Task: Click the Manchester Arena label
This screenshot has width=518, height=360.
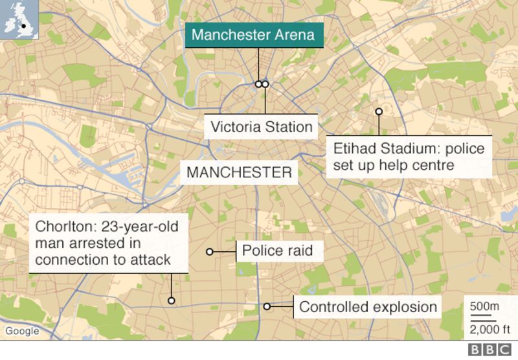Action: point(253,35)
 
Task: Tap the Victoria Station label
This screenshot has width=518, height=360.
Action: point(262,126)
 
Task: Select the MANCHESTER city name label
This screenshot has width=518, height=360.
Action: point(238,173)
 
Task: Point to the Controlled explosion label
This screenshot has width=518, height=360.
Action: point(368,307)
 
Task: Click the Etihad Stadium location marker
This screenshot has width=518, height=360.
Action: point(379,111)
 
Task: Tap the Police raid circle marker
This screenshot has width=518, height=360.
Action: point(209,251)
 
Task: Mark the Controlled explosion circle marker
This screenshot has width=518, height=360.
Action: point(267,306)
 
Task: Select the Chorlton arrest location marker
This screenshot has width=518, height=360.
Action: point(172,300)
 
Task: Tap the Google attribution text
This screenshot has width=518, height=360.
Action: point(22,332)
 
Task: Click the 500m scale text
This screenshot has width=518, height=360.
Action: point(484,306)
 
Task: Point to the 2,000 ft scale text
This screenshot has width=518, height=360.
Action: point(484,327)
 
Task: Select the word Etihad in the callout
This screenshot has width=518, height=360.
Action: point(354,150)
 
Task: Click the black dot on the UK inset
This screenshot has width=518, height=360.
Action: point(24,27)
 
